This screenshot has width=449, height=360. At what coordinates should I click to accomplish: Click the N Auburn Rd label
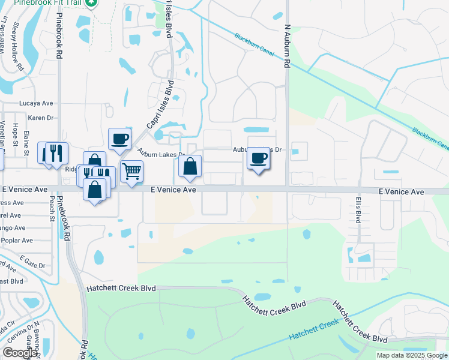coord(288,44)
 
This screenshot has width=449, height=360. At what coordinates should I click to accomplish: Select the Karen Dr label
coord(41,118)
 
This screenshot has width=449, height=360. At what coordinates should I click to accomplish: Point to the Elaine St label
coord(26,143)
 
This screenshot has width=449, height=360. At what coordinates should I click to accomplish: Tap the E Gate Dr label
coord(32,261)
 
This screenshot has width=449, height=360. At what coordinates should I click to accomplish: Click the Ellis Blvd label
coord(358,208)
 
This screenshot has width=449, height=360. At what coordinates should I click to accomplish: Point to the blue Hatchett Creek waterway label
coord(313,331)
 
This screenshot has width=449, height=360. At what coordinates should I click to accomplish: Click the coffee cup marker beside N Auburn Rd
coord(259,158)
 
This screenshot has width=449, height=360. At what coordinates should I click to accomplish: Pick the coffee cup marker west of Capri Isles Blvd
coord(119,139)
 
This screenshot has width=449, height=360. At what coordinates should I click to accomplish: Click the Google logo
coord(19,353)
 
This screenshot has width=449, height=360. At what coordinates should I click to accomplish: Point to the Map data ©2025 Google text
coord(412,355)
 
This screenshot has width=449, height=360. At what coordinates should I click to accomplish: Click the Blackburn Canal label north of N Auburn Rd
coord(255,46)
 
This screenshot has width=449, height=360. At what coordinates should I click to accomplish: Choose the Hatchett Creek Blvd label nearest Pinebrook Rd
coord(118,288)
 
